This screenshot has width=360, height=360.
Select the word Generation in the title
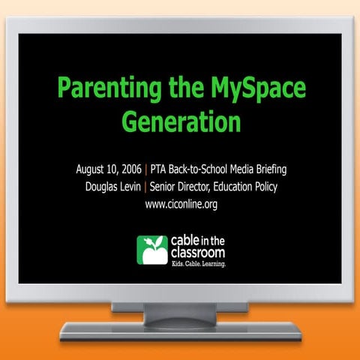(181, 120)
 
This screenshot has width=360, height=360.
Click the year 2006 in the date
(125, 167)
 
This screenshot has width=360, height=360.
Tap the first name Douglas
(103, 185)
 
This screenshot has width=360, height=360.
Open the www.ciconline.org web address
(181, 203)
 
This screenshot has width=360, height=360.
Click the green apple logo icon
(150, 250)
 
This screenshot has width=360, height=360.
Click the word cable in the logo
(181, 242)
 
